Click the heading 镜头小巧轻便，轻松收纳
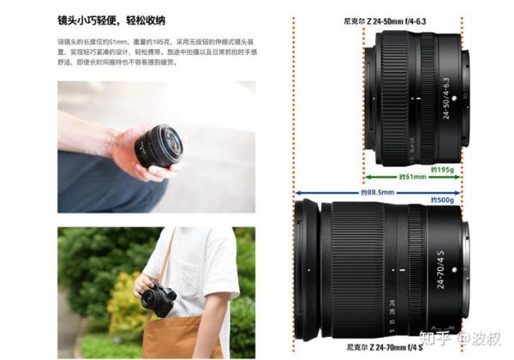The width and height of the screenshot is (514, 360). [x=111, y=20]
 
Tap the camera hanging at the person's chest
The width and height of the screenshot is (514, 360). [x=158, y=301]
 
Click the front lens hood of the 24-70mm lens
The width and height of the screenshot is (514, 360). [x=308, y=269]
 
